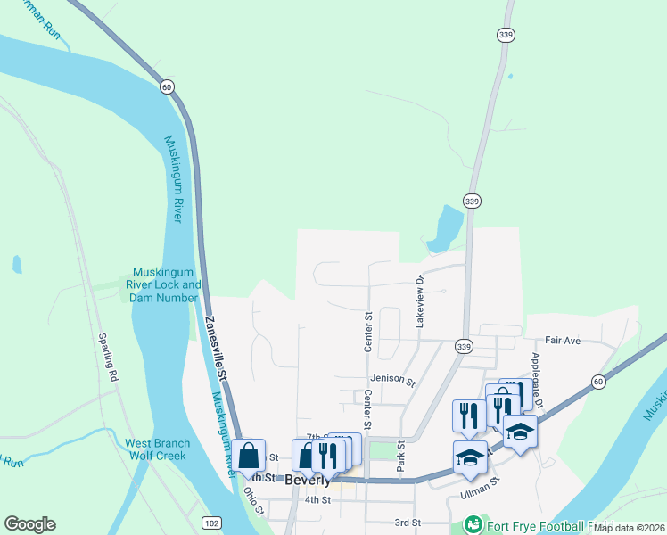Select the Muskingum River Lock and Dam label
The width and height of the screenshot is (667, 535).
[166, 284]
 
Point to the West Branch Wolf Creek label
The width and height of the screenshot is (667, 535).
[157, 449]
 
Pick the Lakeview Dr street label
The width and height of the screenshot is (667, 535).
[418, 300]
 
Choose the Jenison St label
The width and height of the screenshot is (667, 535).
[393, 380]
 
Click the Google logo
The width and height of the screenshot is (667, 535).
[29, 524]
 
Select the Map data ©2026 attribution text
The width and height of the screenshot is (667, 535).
[629, 528]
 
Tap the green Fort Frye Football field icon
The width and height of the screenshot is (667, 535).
[473, 525]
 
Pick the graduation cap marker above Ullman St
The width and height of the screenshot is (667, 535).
[470, 457]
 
